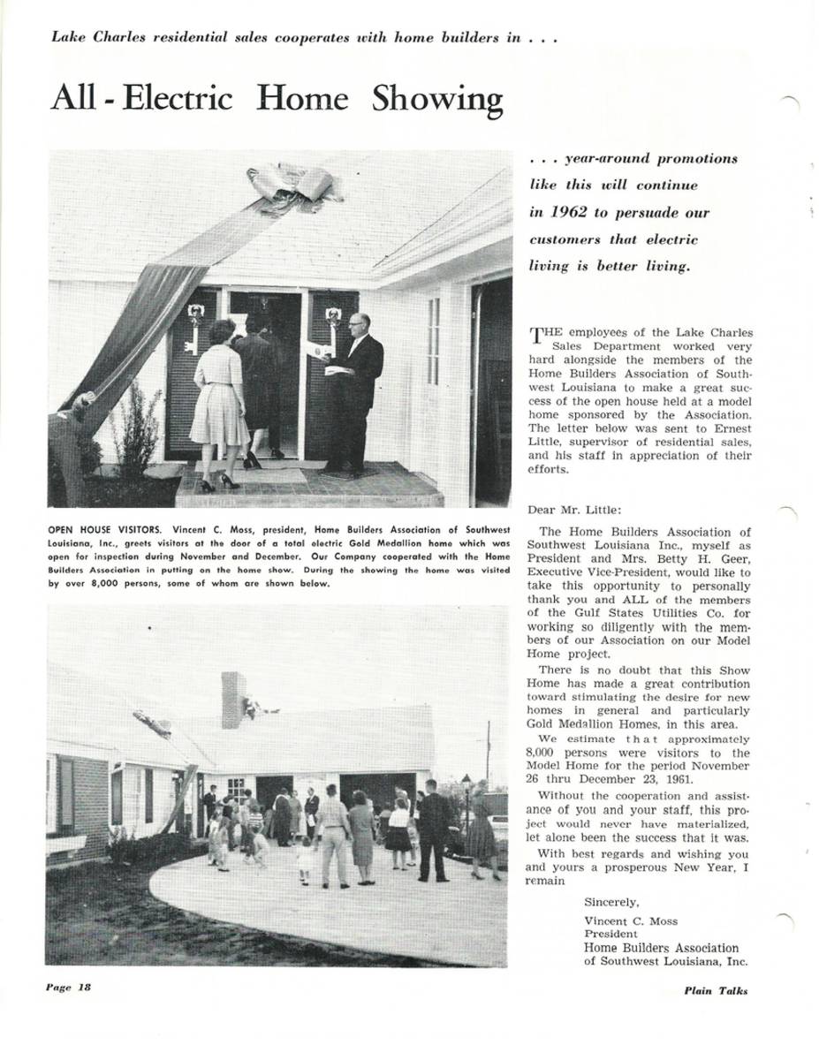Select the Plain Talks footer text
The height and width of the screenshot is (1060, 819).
pos(715,990)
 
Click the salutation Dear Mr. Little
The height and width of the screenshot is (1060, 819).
pos(574,510)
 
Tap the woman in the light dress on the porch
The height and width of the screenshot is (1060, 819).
pos(219,402)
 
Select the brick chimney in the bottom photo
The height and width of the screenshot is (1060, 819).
pos(233,700)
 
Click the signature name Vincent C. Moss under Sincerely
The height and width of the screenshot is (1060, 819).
pos(631,920)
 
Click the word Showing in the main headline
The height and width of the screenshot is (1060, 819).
pos(436,99)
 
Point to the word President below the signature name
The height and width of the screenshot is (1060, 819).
pos(610,934)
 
